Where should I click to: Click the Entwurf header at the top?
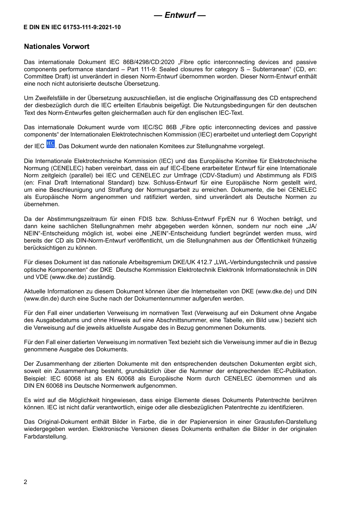(x=180, y=15)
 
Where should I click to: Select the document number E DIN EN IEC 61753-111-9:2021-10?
(x=72, y=27)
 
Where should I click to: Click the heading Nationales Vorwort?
(x=56, y=47)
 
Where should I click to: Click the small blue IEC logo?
(x=50, y=144)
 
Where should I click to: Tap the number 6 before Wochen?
(x=253, y=219)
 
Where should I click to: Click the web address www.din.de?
(x=39, y=299)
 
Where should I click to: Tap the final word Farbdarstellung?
(x=45, y=437)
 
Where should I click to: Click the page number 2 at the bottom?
(x=25, y=482)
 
